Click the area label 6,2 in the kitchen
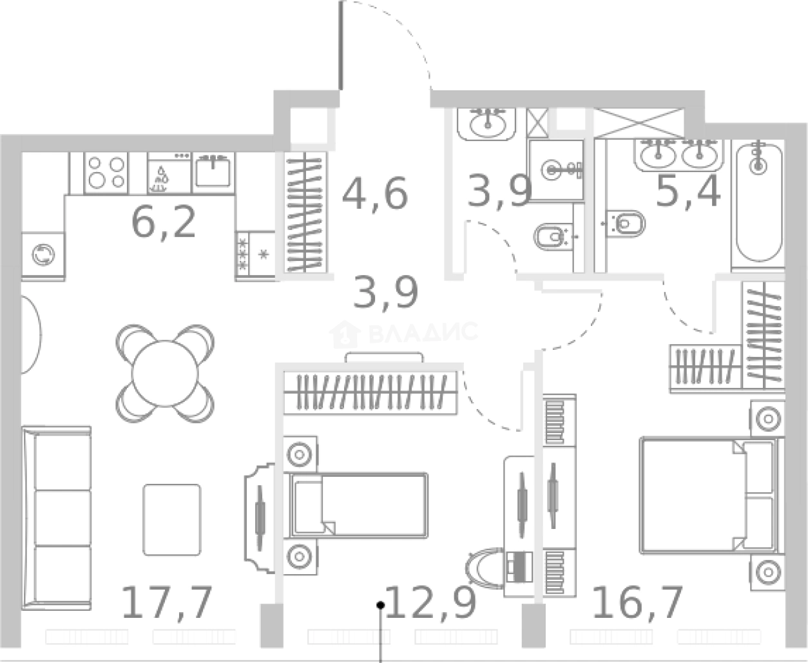click(x=164, y=222)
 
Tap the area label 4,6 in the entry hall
click(x=375, y=193)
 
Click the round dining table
click(x=165, y=374)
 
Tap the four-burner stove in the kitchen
click(x=106, y=173)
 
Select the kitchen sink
click(x=213, y=172)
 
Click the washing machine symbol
click(x=43, y=255)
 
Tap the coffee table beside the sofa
click(x=171, y=520)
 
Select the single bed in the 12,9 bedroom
click(x=358, y=506)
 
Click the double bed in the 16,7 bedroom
click(x=709, y=496)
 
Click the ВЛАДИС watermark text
click(x=423, y=332)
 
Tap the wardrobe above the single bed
click(x=370, y=392)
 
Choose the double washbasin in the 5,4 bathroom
click(x=678, y=155)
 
